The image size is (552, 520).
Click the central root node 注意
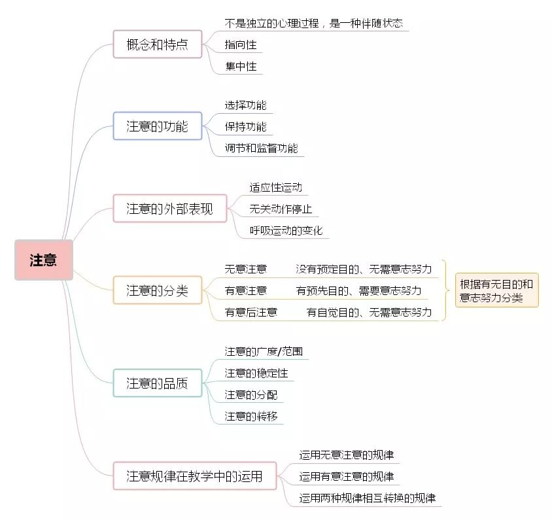pos(44,260)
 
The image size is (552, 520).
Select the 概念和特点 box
pos(158,44)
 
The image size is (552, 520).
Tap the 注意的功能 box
pos(158,126)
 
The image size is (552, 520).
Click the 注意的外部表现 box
pos(169,209)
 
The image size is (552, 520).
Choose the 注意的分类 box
pos(158,290)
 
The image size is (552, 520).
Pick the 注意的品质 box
pos(158,383)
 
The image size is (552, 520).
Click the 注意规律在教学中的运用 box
pos(195,476)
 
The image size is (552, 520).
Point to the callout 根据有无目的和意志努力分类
pos(496,290)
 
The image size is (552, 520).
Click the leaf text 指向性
pos(241,44)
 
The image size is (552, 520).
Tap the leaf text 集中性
pos(241,66)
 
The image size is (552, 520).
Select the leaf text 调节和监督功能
pos(261,148)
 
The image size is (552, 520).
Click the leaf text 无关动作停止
pos(281,209)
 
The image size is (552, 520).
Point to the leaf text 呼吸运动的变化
pos(286,231)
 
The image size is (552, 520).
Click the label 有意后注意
pos(251,312)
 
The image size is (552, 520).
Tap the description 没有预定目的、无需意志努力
pos(364,269)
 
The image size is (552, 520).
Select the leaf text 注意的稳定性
pos(256,373)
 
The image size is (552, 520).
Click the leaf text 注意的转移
pos(251,417)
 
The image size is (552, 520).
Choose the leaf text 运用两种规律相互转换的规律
pos(368,498)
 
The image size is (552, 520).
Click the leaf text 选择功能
pos(246,105)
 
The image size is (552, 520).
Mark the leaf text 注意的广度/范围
pos(264,351)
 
